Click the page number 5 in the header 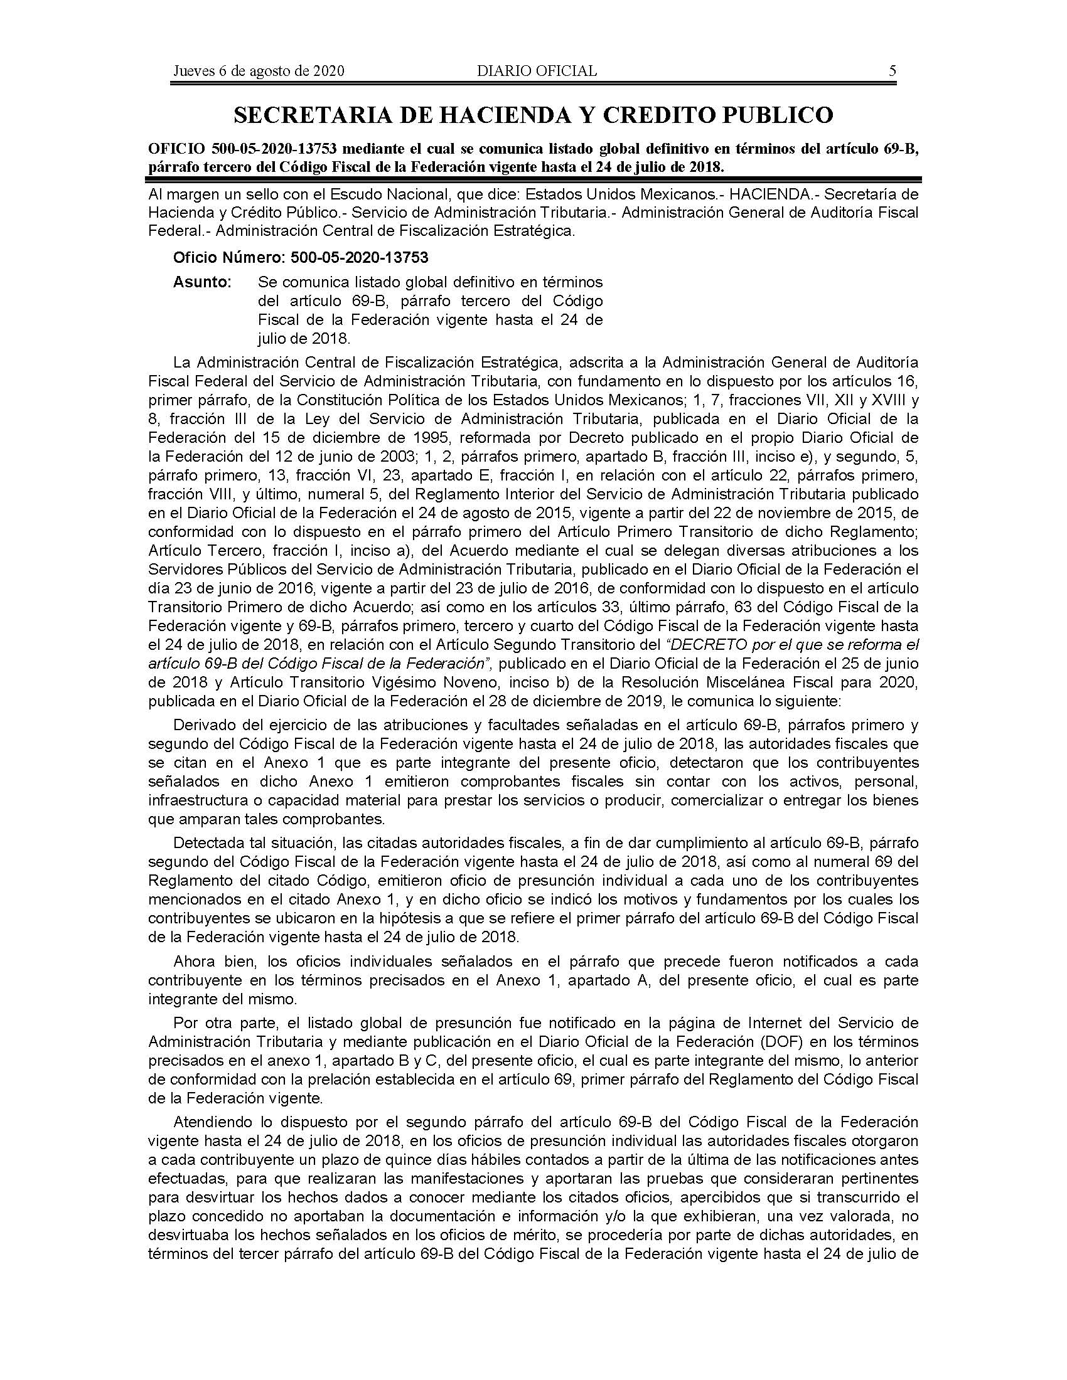(x=892, y=71)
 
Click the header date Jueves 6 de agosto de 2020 (x=259, y=71)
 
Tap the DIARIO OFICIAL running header (x=537, y=71)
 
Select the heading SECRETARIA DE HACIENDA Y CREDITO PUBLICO (x=533, y=114)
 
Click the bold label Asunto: (x=202, y=282)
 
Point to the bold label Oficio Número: (x=229, y=258)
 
